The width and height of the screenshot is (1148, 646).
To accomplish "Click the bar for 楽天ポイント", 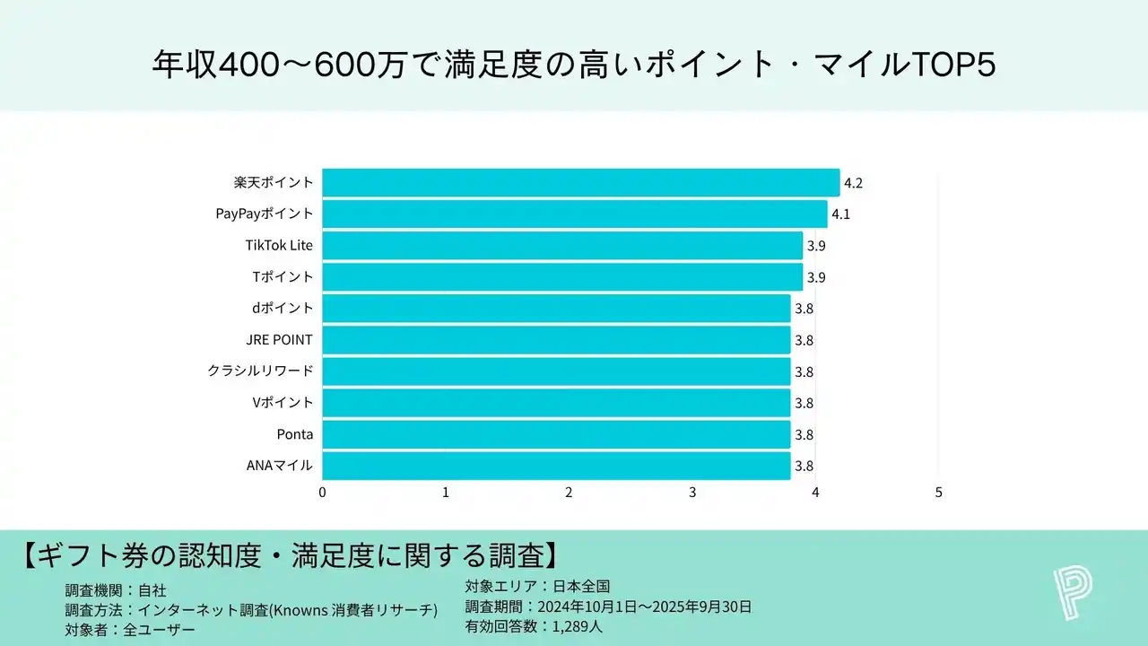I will click(x=580, y=183).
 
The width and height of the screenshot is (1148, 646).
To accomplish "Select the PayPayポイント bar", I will click(x=574, y=214).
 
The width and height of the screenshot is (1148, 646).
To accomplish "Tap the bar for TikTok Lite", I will click(x=562, y=246).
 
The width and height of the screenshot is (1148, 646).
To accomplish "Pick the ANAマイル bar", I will click(x=556, y=466).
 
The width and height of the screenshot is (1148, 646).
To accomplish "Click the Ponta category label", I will click(x=295, y=434).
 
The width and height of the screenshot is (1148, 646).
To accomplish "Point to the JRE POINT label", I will click(x=280, y=340).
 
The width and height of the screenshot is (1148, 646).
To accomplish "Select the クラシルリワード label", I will click(x=260, y=371).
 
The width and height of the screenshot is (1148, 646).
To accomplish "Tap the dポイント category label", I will click(x=283, y=309).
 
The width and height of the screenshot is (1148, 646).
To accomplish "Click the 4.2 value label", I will click(x=853, y=183).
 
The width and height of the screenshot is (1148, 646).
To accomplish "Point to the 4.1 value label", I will click(x=840, y=214).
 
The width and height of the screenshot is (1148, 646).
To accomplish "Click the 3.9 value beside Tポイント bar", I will click(x=816, y=277).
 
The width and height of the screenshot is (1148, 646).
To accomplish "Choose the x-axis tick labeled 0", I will click(x=322, y=492).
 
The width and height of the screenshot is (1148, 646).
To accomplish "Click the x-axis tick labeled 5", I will click(x=938, y=492).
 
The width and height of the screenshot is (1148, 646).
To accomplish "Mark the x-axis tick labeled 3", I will click(x=692, y=492).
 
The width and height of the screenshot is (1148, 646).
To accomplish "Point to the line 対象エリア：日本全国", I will click(x=537, y=587).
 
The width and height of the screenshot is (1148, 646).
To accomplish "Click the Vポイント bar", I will click(x=556, y=403).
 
